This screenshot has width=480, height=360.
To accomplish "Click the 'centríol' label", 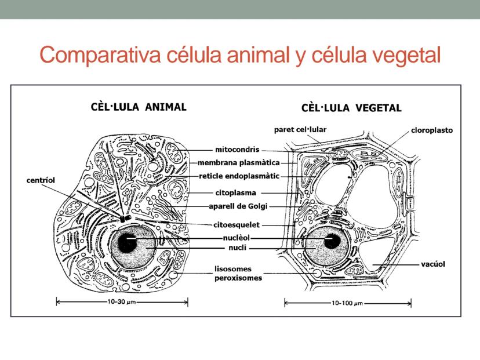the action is [41, 180].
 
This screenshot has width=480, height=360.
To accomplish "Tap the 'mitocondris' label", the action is [237, 150].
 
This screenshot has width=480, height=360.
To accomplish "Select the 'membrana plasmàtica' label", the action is [239, 162].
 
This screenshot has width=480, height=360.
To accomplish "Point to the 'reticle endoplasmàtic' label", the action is [239, 176].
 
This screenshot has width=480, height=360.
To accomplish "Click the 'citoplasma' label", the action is [236, 193].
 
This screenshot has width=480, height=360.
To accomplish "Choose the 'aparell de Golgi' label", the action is [238, 206].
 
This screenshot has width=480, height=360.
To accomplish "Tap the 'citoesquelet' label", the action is [237, 225].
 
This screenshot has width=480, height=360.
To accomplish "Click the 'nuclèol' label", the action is [237, 238].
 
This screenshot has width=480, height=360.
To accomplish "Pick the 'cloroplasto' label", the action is [432, 130].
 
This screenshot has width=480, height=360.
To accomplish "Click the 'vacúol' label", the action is [433, 264].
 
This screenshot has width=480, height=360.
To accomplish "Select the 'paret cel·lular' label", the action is [300, 130].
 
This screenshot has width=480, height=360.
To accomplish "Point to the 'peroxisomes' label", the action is [238, 278].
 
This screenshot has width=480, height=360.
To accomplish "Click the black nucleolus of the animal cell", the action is [128, 243].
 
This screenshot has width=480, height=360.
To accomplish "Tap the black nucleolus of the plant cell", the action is [332, 241].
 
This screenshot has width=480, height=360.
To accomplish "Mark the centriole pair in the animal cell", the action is [125, 219].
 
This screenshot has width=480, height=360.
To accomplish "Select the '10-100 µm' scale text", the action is [347, 303].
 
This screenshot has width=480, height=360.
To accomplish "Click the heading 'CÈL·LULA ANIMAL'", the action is [139, 107].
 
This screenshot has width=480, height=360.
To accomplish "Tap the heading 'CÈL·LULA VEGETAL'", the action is [351, 108].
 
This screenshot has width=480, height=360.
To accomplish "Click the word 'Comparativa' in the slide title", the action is [100, 55].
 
